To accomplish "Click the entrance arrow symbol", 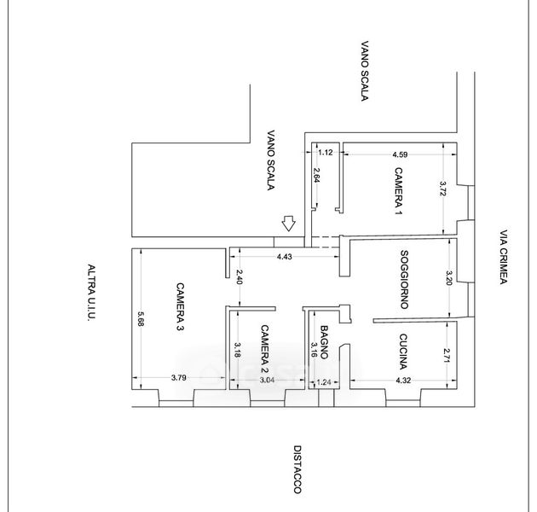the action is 289,224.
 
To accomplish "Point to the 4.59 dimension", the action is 401,154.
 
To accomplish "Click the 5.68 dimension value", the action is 141,317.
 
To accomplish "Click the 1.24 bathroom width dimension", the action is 323,383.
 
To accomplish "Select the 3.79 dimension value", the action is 178,376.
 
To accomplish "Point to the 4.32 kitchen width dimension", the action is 404,379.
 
